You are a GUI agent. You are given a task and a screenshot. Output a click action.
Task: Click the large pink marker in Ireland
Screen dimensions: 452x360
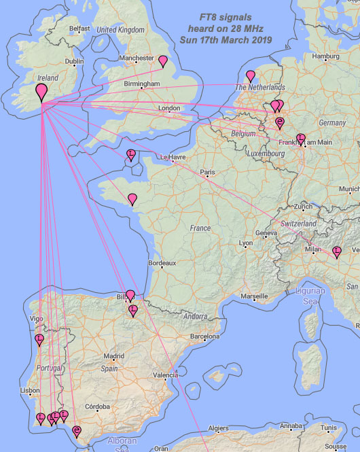(41, 90)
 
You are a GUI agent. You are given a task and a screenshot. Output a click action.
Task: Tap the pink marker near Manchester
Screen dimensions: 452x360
(163, 61)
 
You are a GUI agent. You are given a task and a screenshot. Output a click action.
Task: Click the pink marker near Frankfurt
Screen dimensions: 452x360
(301, 139)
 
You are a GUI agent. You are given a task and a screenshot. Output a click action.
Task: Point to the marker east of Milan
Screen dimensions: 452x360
(336, 252)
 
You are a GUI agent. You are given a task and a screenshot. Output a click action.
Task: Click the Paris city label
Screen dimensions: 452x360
(207, 173)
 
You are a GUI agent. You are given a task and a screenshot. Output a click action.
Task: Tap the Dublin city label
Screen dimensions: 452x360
(74, 61)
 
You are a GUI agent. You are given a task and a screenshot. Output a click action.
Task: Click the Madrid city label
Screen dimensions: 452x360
(113, 355)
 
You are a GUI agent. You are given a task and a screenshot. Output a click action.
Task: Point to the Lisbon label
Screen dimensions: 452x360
(30, 391)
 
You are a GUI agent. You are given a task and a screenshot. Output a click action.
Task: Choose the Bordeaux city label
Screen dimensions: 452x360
(162, 262)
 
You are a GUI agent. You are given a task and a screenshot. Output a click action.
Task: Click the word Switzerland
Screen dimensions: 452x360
(299, 224)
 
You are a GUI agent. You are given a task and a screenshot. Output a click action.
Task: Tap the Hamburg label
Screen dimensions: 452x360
(326, 56)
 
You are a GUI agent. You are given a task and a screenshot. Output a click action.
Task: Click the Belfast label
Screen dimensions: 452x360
(79, 29)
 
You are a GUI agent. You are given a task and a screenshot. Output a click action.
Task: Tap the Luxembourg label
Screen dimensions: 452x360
(266, 154)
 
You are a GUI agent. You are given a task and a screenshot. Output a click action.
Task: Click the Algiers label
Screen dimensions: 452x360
(218, 428)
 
